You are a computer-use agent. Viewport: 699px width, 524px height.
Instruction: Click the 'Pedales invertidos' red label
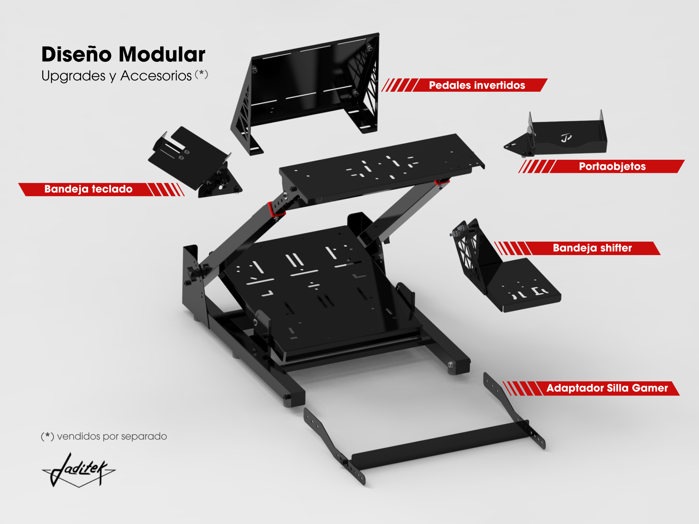point(477,85)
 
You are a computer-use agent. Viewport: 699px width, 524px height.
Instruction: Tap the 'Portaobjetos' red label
point(612,166)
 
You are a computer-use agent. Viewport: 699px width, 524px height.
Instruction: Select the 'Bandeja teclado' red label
point(88,189)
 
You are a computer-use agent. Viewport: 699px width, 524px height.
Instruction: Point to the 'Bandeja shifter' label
point(592,248)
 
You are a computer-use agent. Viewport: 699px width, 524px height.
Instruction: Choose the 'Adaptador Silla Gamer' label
point(607,388)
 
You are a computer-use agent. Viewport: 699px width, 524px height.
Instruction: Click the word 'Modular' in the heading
point(162,55)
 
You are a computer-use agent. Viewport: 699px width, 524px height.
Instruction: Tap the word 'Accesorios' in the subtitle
point(156,76)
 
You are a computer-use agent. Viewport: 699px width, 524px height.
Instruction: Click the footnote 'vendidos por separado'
point(112,436)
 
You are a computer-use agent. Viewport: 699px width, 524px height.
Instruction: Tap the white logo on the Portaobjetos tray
point(566,138)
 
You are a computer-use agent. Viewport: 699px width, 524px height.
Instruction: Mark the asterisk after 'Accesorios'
point(201,74)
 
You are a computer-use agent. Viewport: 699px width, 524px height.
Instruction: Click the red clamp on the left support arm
point(276,209)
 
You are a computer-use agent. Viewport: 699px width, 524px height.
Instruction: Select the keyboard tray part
point(193,160)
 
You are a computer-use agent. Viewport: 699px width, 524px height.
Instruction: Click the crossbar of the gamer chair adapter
point(441,446)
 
